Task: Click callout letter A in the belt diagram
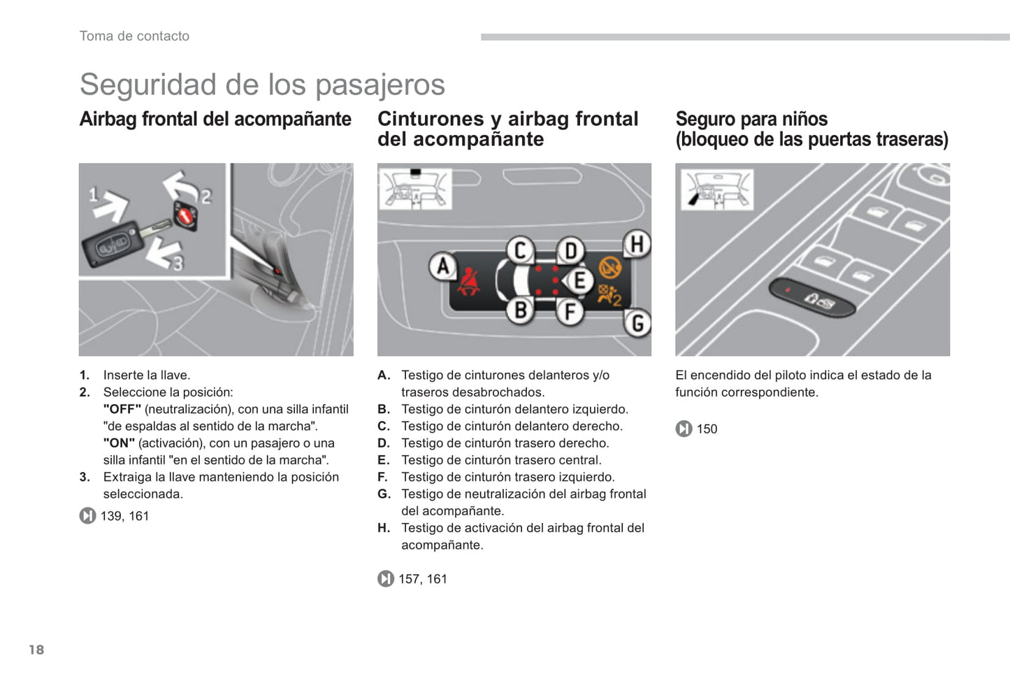click(442, 267)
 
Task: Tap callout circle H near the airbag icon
click(636, 244)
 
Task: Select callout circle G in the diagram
click(637, 324)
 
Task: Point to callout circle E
click(579, 281)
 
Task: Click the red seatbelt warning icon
click(468, 282)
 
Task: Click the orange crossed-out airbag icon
click(609, 268)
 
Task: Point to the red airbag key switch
click(185, 215)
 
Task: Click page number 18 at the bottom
click(36, 650)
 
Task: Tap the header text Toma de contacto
click(134, 36)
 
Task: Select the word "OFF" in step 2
click(122, 409)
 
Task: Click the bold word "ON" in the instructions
click(119, 443)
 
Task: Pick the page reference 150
click(707, 429)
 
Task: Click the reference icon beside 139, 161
click(87, 516)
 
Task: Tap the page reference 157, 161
click(422, 579)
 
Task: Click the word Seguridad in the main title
click(147, 85)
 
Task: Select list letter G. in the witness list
click(384, 494)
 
